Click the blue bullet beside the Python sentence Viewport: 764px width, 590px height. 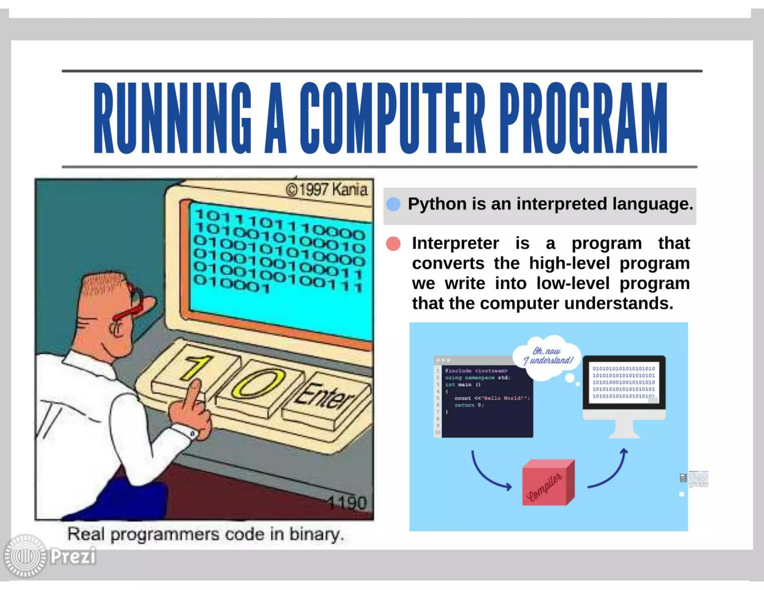(393, 204)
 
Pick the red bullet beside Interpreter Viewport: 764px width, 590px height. (393, 244)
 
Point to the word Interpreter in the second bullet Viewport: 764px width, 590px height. (455, 244)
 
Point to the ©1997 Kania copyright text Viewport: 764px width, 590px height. (326, 189)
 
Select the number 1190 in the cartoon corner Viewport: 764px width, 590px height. (347, 503)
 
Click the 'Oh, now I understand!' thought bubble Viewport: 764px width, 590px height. (548, 356)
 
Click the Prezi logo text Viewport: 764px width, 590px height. (73, 556)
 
